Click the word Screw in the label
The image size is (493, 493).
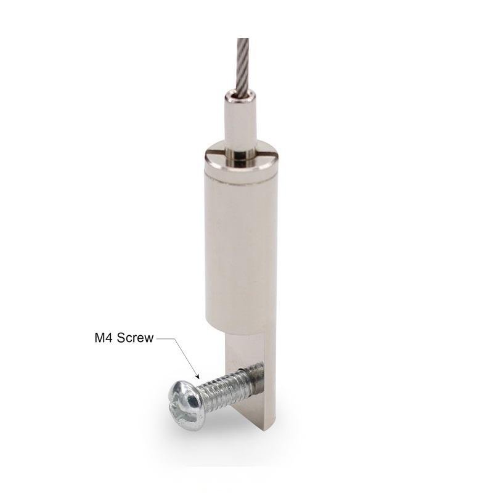tap(135, 338)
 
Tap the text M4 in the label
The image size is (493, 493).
tap(104, 338)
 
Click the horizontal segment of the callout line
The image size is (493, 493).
tap(165, 338)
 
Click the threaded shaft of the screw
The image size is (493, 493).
tap(228, 389)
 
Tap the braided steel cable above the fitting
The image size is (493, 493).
tap(242, 66)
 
